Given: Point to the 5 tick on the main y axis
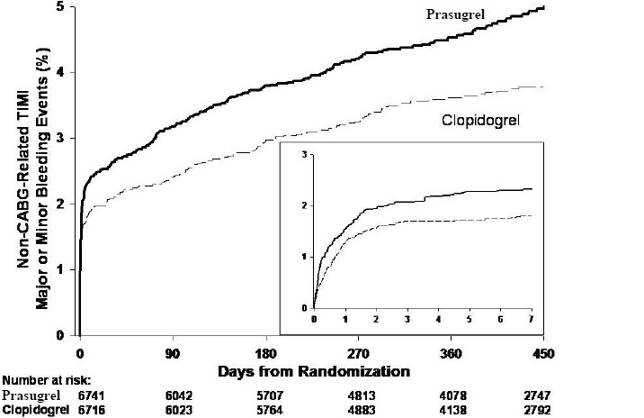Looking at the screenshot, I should (x=59, y=6).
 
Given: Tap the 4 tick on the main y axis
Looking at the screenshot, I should (x=59, y=72).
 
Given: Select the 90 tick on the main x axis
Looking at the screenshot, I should (x=173, y=352).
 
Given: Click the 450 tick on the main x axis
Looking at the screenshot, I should (x=543, y=352).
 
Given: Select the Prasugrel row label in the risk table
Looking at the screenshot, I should (x=30, y=395).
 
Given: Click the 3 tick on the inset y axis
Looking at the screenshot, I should (x=305, y=155).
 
